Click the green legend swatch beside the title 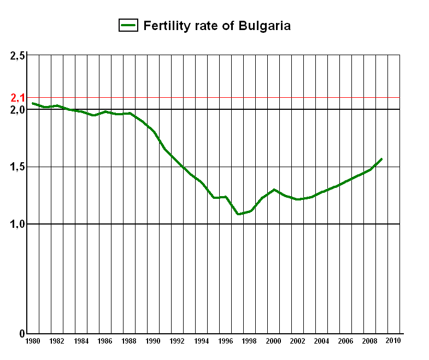pyautogui.click(x=129, y=25)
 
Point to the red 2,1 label pyautogui.click(x=18, y=98)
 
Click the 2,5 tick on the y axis pyautogui.click(x=18, y=56)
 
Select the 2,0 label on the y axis pyautogui.click(x=18, y=110)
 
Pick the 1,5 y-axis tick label pyautogui.click(x=18, y=167)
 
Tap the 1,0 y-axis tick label pyautogui.click(x=18, y=224)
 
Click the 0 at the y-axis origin pyautogui.click(x=22, y=334)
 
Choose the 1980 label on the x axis pyautogui.click(x=33, y=341)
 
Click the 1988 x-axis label pyautogui.click(x=129, y=341)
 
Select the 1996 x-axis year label pyautogui.click(x=225, y=341)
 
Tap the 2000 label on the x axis pyautogui.click(x=273, y=341)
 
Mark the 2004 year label pyautogui.click(x=321, y=341)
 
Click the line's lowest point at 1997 pyautogui.click(x=238, y=214)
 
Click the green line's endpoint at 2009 pyautogui.click(x=381, y=159)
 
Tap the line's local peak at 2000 pyautogui.click(x=274, y=190)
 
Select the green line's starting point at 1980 pyautogui.click(x=33, y=103)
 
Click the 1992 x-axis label pyautogui.click(x=177, y=341)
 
